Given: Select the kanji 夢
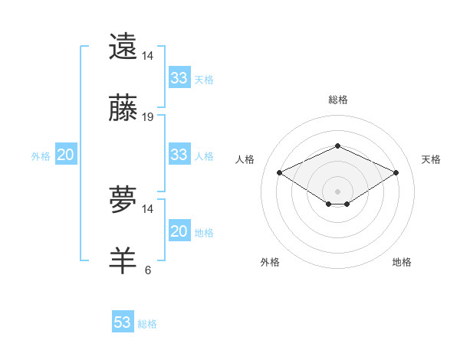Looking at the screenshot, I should click(123, 200).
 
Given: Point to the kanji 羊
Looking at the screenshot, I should click(123, 260).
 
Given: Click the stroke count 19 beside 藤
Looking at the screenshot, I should click(148, 117).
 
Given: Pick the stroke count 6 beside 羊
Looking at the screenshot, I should click(147, 270).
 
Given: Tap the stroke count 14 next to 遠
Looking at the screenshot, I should click(148, 56).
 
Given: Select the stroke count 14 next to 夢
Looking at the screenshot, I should click(148, 209).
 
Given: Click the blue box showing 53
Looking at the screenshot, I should click(123, 322).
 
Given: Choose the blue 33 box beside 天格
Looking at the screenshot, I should click(179, 78).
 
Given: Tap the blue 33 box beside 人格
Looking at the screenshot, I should click(179, 155).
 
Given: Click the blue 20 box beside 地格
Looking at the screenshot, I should click(179, 231).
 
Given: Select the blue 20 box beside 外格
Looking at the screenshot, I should click(65, 155).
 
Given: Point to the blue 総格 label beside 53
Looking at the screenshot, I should click(147, 324).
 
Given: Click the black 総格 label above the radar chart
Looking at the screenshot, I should click(337, 100).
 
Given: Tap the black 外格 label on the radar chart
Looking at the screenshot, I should click(270, 262).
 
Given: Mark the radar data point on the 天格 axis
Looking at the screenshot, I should click(396, 172).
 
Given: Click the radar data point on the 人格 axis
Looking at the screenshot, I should click(280, 172).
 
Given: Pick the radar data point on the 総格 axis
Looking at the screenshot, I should click(337, 146).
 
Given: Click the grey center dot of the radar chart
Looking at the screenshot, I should click(337, 191).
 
